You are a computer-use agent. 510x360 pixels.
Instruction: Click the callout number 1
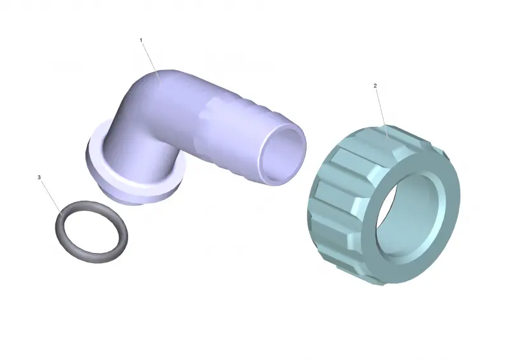click(141, 40)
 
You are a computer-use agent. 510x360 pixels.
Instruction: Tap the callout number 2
click(375, 86)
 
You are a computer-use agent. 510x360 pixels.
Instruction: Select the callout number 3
click(40, 177)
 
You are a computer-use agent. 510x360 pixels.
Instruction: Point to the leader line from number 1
click(152, 62)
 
